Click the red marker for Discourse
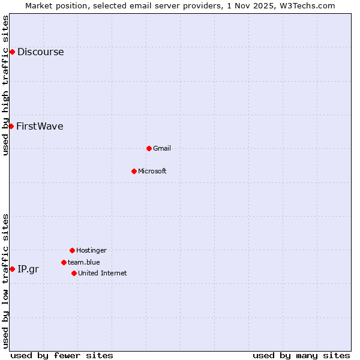[12, 52]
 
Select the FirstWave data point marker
[11, 126]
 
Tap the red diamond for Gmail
[149, 148]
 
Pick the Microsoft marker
[134, 171]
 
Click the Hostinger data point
[72, 250]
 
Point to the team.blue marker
[64, 262]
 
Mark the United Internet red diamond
[74, 273]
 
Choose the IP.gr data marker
[12, 269]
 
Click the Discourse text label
[40, 52]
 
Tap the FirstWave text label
[40, 126]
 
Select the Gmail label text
[162, 148]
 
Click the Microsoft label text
[152, 171]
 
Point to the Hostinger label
[91, 250]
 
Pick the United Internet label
[102, 273]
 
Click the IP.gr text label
[28, 269]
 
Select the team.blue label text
[83, 262]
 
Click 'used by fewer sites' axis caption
[62, 355]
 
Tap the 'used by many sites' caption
[301, 355]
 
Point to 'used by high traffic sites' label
[5, 85]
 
